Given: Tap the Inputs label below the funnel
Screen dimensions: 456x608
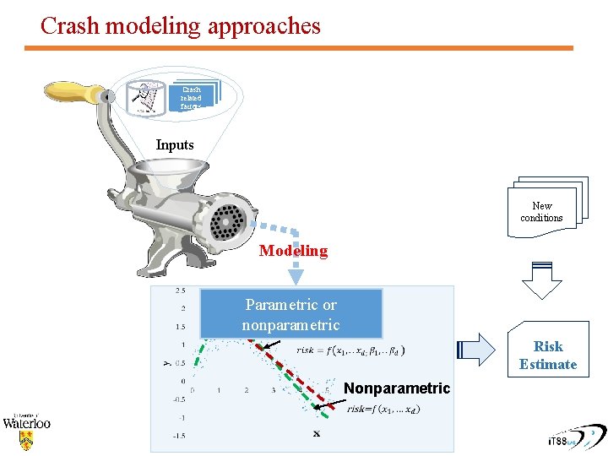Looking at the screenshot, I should click(175, 145).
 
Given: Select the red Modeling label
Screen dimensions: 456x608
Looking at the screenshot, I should click(293, 251).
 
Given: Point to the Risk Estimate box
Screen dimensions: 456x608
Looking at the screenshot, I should click(548, 356).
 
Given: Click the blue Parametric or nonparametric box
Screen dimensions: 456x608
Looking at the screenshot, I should click(290, 314).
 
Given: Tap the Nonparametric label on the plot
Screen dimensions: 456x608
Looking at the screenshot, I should click(397, 388).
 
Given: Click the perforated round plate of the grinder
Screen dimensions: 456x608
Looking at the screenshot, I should click(228, 222).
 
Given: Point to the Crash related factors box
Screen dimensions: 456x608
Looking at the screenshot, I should click(193, 98).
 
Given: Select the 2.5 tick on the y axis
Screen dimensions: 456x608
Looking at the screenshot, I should click(181, 290).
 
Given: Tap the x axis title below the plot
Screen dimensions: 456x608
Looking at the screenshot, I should click(317, 434).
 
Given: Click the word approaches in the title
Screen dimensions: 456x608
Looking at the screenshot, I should click(263, 26).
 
